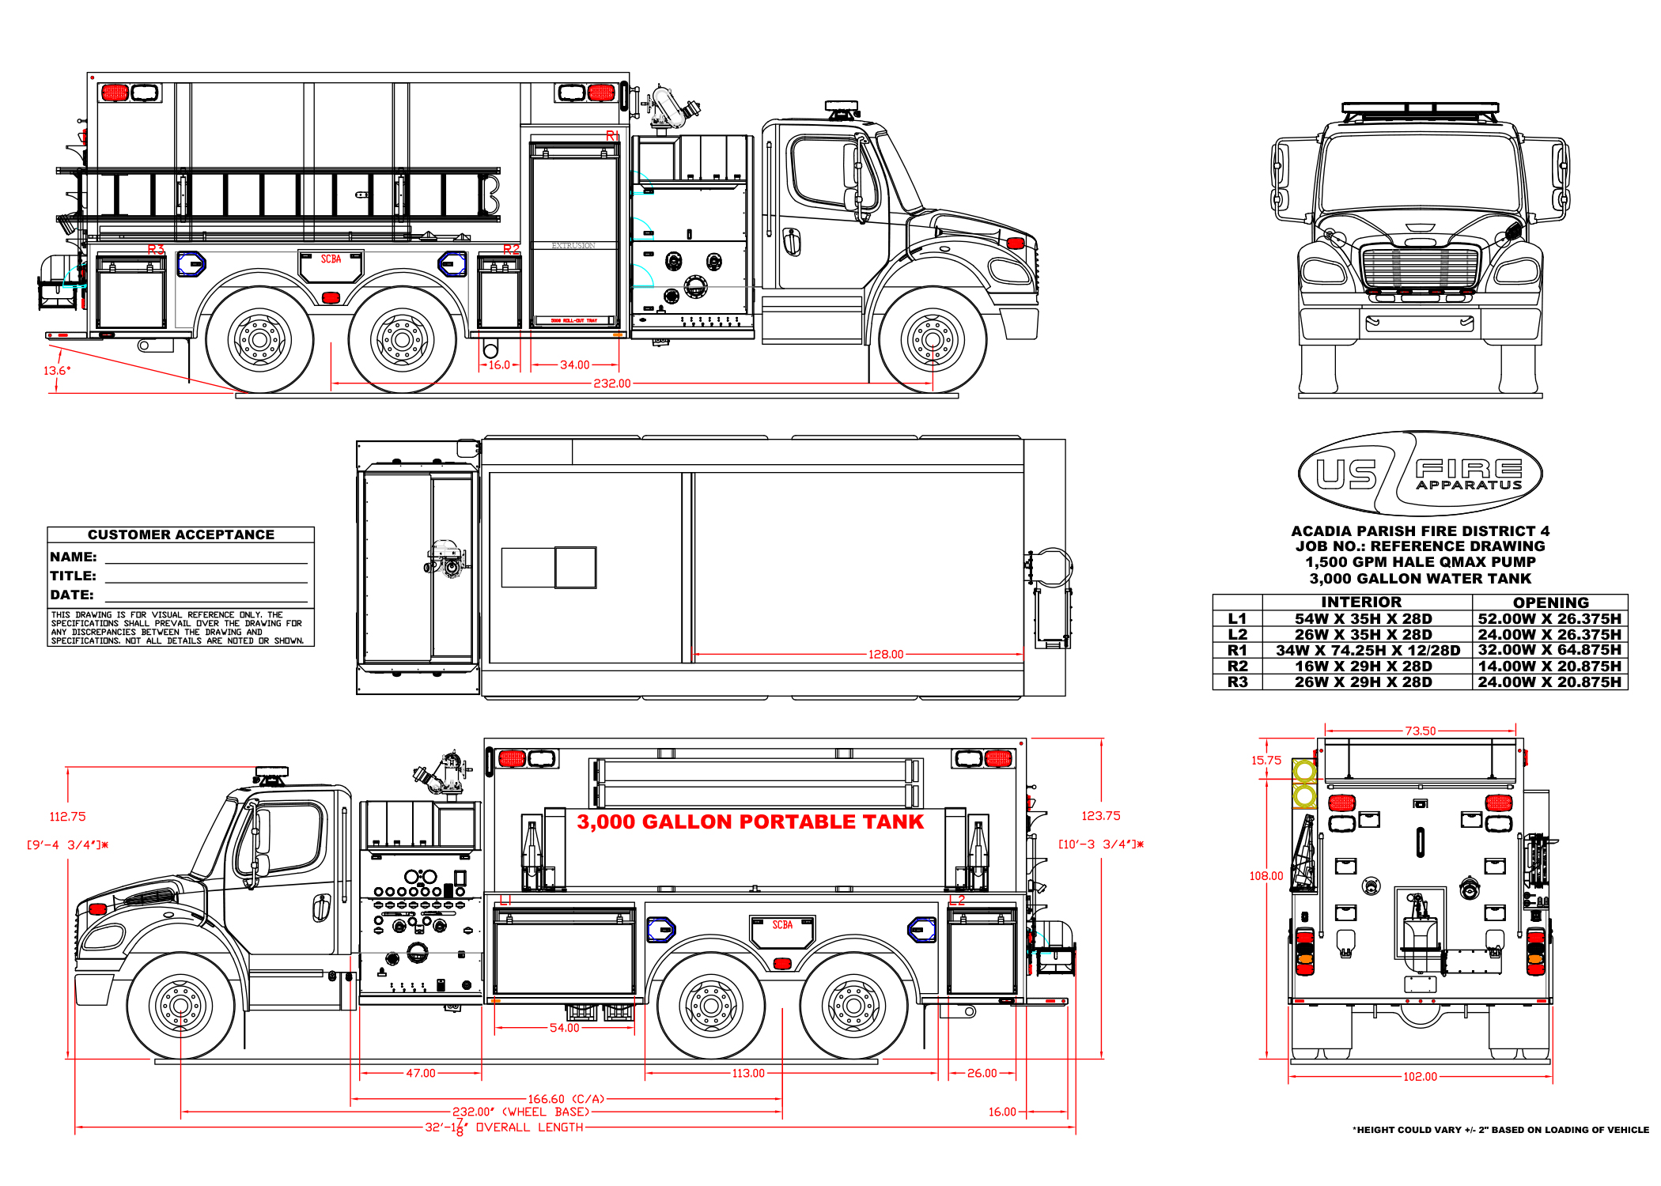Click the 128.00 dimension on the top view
click(885, 655)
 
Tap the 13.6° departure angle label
click(57, 370)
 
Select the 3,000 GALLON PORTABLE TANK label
click(750, 822)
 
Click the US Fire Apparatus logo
click(1420, 474)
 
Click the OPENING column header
click(1550, 602)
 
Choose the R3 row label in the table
click(1237, 682)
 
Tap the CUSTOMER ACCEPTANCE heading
click(181, 534)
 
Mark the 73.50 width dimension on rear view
click(1420, 731)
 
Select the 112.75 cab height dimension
click(67, 817)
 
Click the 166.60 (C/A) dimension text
click(566, 1099)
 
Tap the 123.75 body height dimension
click(1100, 816)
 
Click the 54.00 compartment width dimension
click(564, 1028)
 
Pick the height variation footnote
click(1500, 1130)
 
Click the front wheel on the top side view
click(932, 340)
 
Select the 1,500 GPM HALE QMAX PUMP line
click(1420, 562)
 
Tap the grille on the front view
click(1420, 268)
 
